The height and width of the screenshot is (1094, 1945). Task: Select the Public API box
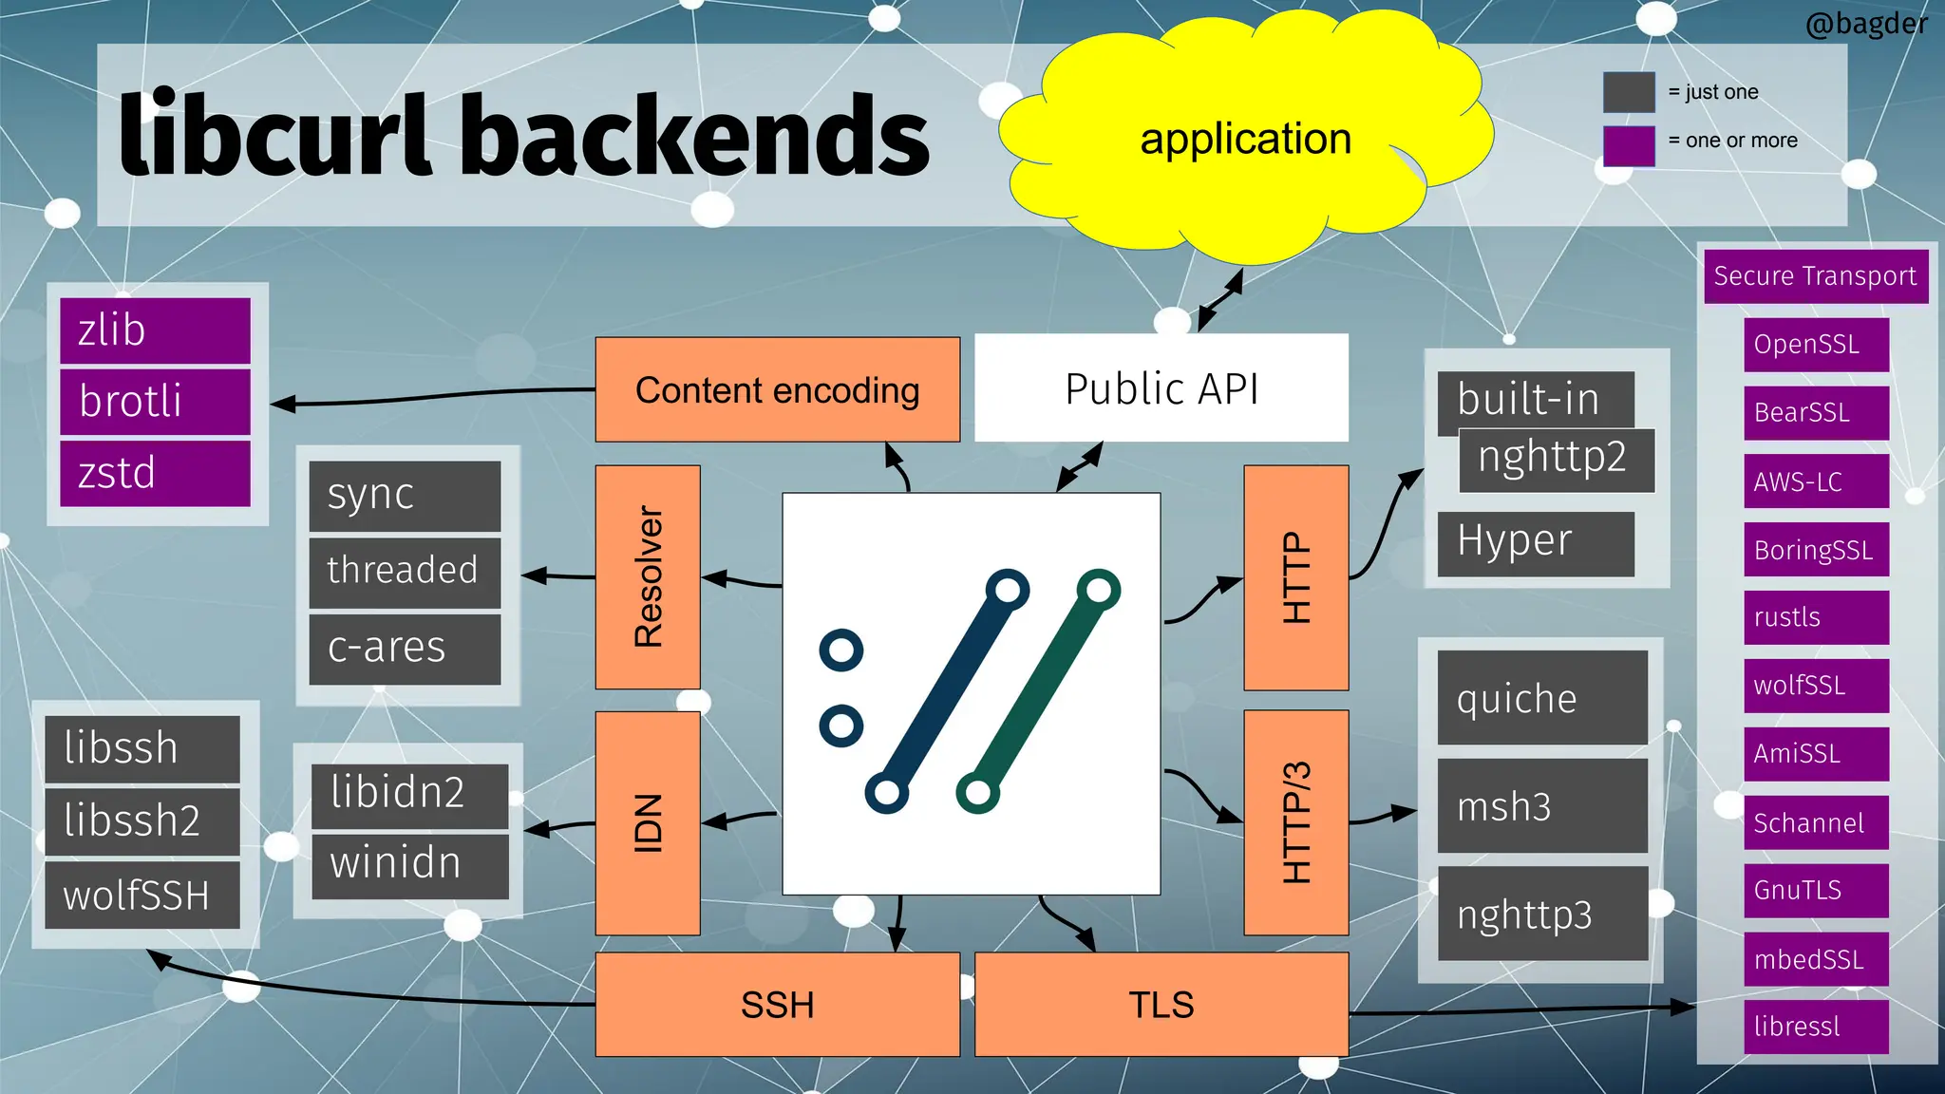[x=1161, y=388]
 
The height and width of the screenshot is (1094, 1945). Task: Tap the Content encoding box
[x=777, y=390]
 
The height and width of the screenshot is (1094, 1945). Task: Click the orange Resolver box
[x=648, y=576]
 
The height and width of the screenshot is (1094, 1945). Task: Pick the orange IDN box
[x=648, y=822]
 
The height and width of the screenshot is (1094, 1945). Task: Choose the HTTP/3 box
[x=1295, y=822]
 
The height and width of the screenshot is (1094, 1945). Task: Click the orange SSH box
[x=777, y=1004]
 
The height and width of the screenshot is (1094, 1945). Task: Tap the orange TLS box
[x=1161, y=1004]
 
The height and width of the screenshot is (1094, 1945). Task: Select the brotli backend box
[x=155, y=402]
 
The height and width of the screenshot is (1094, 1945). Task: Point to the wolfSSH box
[x=142, y=895]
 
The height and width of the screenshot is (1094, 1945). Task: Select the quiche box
[x=1541, y=698]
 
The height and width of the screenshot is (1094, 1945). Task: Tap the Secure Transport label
[x=1815, y=276]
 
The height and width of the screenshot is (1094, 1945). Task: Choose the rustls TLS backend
[x=1815, y=617]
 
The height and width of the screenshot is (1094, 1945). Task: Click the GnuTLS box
[x=1815, y=890]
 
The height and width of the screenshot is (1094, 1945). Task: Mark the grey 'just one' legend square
[x=1629, y=92]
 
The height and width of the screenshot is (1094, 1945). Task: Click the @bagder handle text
[x=1865, y=23]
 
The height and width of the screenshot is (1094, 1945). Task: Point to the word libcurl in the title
[x=275, y=136]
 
